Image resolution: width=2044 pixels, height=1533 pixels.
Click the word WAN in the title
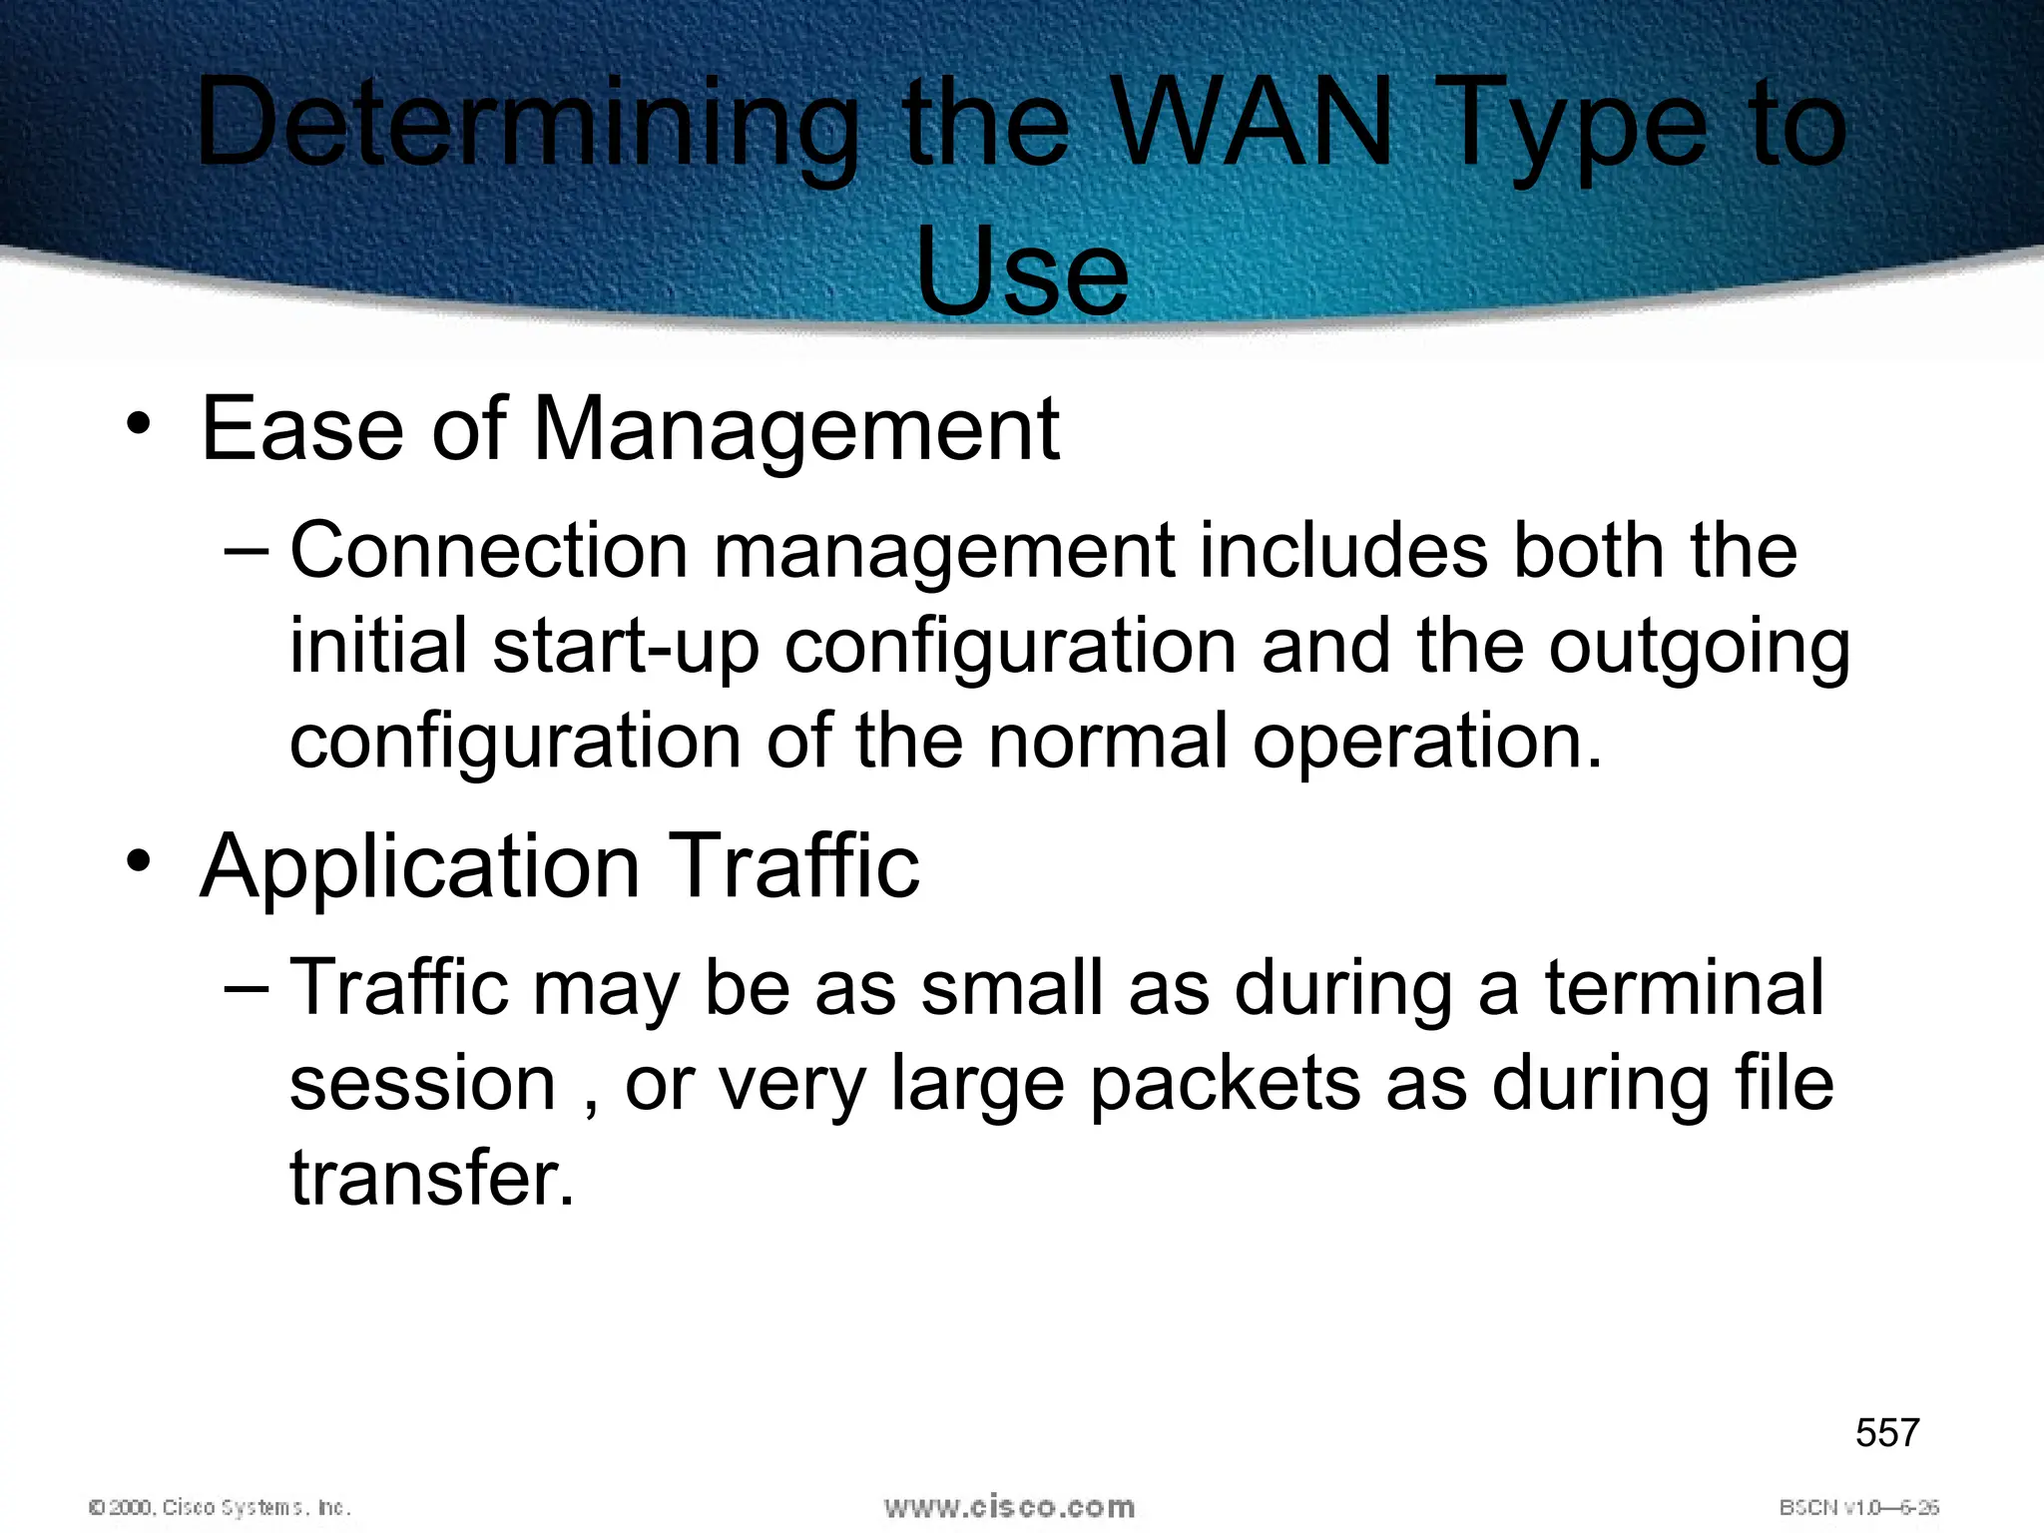[1253, 125]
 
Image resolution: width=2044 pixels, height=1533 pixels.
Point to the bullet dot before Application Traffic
[139, 861]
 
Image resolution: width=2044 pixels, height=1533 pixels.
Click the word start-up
[626, 649]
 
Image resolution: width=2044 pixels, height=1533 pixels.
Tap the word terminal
[1684, 987]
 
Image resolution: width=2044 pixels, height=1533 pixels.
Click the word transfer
[432, 1179]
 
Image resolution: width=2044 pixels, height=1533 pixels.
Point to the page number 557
[1886, 1433]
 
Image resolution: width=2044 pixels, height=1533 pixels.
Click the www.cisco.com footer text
[1009, 1507]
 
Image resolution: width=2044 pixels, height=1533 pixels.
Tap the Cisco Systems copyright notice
[220, 1508]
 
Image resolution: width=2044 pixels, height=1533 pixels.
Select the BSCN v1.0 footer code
[1858, 1508]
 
